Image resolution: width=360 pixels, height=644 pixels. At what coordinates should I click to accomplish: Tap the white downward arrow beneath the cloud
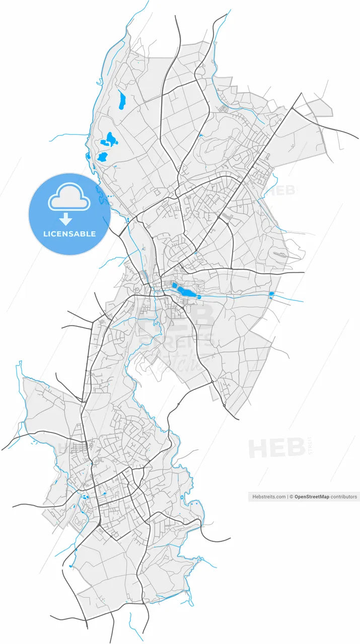coord(66,218)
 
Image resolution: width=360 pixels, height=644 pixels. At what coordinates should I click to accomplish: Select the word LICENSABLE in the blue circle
coord(69,234)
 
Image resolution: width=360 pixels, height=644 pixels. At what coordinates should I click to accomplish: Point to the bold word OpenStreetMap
coord(312,497)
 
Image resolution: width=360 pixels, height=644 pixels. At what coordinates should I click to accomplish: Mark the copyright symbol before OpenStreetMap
coord(291,497)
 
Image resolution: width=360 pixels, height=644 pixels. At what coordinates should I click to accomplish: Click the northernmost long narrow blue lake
coord(121,100)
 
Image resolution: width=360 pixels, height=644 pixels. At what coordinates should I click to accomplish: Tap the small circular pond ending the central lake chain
coord(199,297)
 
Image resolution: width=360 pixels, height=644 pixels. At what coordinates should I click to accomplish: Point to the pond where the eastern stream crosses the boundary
coord(271,294)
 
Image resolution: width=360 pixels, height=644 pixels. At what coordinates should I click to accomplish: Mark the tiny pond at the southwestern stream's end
coord(70,566)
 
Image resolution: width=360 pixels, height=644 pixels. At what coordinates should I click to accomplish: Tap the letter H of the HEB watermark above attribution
coord(258,448)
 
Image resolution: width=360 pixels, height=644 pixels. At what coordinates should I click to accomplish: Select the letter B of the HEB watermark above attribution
coord(295,448)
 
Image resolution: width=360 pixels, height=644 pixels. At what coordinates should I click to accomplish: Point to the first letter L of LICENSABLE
coord(45,234)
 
